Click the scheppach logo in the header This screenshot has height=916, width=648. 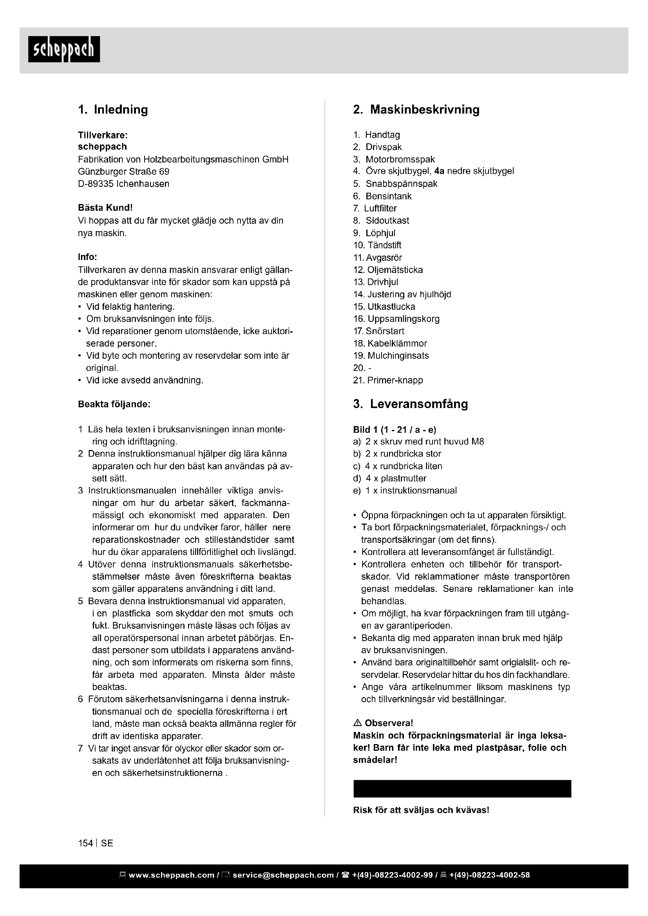pos(64,49)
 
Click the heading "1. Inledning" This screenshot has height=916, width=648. pos(113,110)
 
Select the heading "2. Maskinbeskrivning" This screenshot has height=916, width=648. pos(416,110)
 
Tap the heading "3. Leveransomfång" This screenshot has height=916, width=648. pos(411,404)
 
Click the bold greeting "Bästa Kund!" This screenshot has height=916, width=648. pos(105,208)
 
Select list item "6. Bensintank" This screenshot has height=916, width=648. pos(382,196)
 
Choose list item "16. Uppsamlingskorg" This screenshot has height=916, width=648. pos(396,319)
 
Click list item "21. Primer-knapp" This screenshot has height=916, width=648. pos(388,380)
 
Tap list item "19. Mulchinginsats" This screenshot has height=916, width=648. pos(391,356)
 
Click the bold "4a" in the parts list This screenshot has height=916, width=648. pos(439,171)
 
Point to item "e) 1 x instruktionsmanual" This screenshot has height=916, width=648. pos(405,491)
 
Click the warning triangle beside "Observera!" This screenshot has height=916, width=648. pos(358,723)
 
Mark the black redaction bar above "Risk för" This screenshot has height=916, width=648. pos(462,789)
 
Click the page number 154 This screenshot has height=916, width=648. pos(85,844)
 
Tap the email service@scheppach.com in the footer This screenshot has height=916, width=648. pos(283,875)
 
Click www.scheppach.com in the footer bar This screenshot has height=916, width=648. pos(172,875)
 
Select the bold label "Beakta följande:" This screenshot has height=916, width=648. pos(114,404)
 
